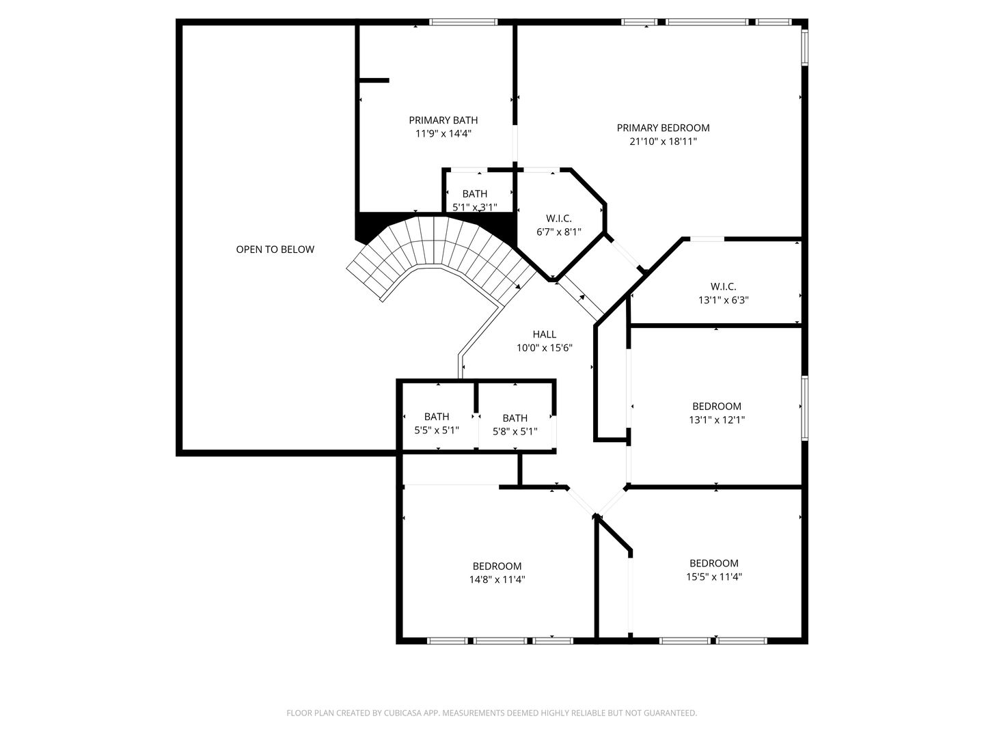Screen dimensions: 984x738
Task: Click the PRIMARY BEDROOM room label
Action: pyautogui.click(x=663, y=128)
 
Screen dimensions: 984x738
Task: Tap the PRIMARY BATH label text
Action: pyautogui.click(x=443, y=120)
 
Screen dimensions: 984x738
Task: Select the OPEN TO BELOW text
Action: pyautogui.click(x=275, y=249)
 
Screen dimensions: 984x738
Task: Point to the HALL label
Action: pyautogui.click(x=544, y=334)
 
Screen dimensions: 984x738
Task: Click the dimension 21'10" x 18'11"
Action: pyautogui.click(x=663, y=141)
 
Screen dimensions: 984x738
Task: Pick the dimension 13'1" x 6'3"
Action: pyautogui.click(x=723, y=300)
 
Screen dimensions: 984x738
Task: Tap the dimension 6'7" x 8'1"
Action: pyautogui.click(x=558, y=232)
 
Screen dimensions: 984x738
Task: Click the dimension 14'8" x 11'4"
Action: pyautogui.click(x=497, y=580)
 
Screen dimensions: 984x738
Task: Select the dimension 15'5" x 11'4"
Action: pyautogui.click(x=713, y=577)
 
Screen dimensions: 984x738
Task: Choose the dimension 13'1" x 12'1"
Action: pyautogui.click(x=716, y=420)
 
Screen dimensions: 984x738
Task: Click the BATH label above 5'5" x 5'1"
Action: pyautogui.click(x=437, y=417)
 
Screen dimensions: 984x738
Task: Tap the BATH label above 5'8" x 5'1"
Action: pyautogui.click(x=515, y=418)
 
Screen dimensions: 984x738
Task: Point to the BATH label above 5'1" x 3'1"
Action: pyautogui.click(x=475, y=194)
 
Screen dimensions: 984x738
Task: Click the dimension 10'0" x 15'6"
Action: pyautogui.click(x=544, y=348)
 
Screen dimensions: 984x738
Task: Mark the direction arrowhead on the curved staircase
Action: pyautogui.click(x=518, y=286)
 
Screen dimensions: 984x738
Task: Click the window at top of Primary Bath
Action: pyautogui.click(x=463, y=22)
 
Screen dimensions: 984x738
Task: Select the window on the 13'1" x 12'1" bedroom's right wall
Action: pyautogui.click(x=805, y=408)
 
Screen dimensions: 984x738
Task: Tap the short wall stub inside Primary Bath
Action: pyautogui.click(x=374, y=81)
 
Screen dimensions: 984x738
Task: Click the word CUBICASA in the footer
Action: pyautogui.click(x=403, y=713)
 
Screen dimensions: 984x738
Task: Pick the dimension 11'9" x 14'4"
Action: pyautogui.click(x=443, y=133)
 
